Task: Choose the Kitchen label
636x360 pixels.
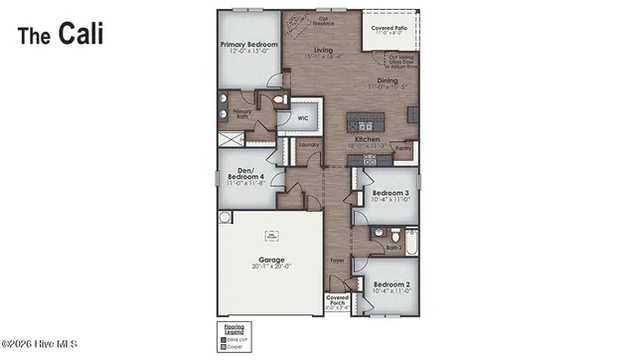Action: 368,141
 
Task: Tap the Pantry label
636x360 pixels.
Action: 402,148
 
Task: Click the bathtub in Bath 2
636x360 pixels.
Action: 405,238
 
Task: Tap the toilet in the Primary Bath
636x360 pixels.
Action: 279,100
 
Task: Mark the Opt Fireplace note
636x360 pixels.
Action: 323,20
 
